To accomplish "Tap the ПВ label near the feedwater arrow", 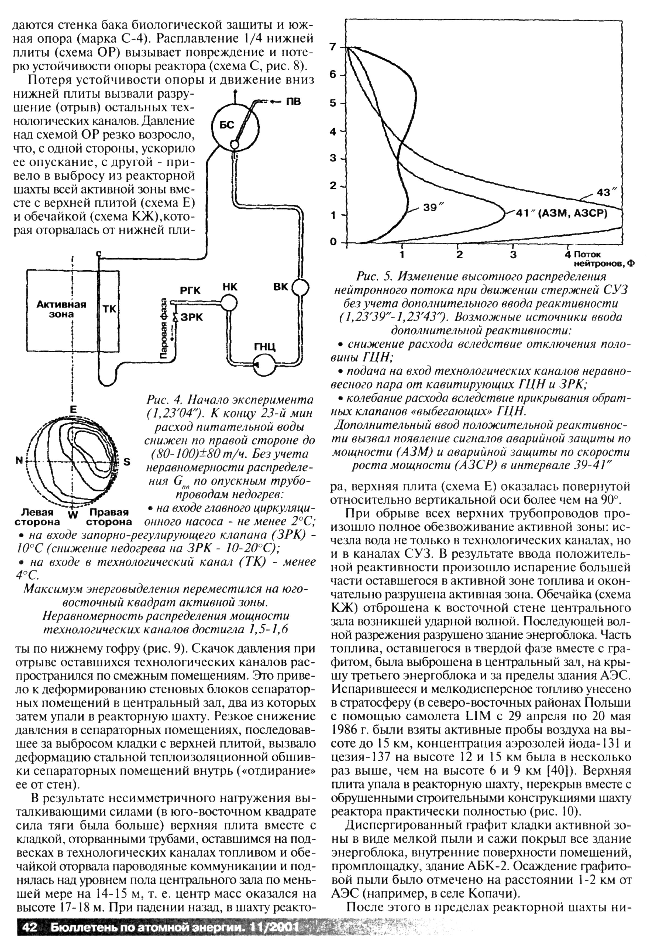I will click(x=293, y=101).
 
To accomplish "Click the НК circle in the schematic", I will click(x=229, y=302).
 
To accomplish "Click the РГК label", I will click(x=191, y=291).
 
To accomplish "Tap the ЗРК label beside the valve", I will click(x=192, y=317).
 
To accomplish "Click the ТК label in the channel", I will click(x=109, y=309).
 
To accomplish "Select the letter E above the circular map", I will click(x=73, y=409).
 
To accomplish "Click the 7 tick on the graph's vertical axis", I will click(x=333, y=47).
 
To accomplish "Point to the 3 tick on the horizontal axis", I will click(x=513, y=254).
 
